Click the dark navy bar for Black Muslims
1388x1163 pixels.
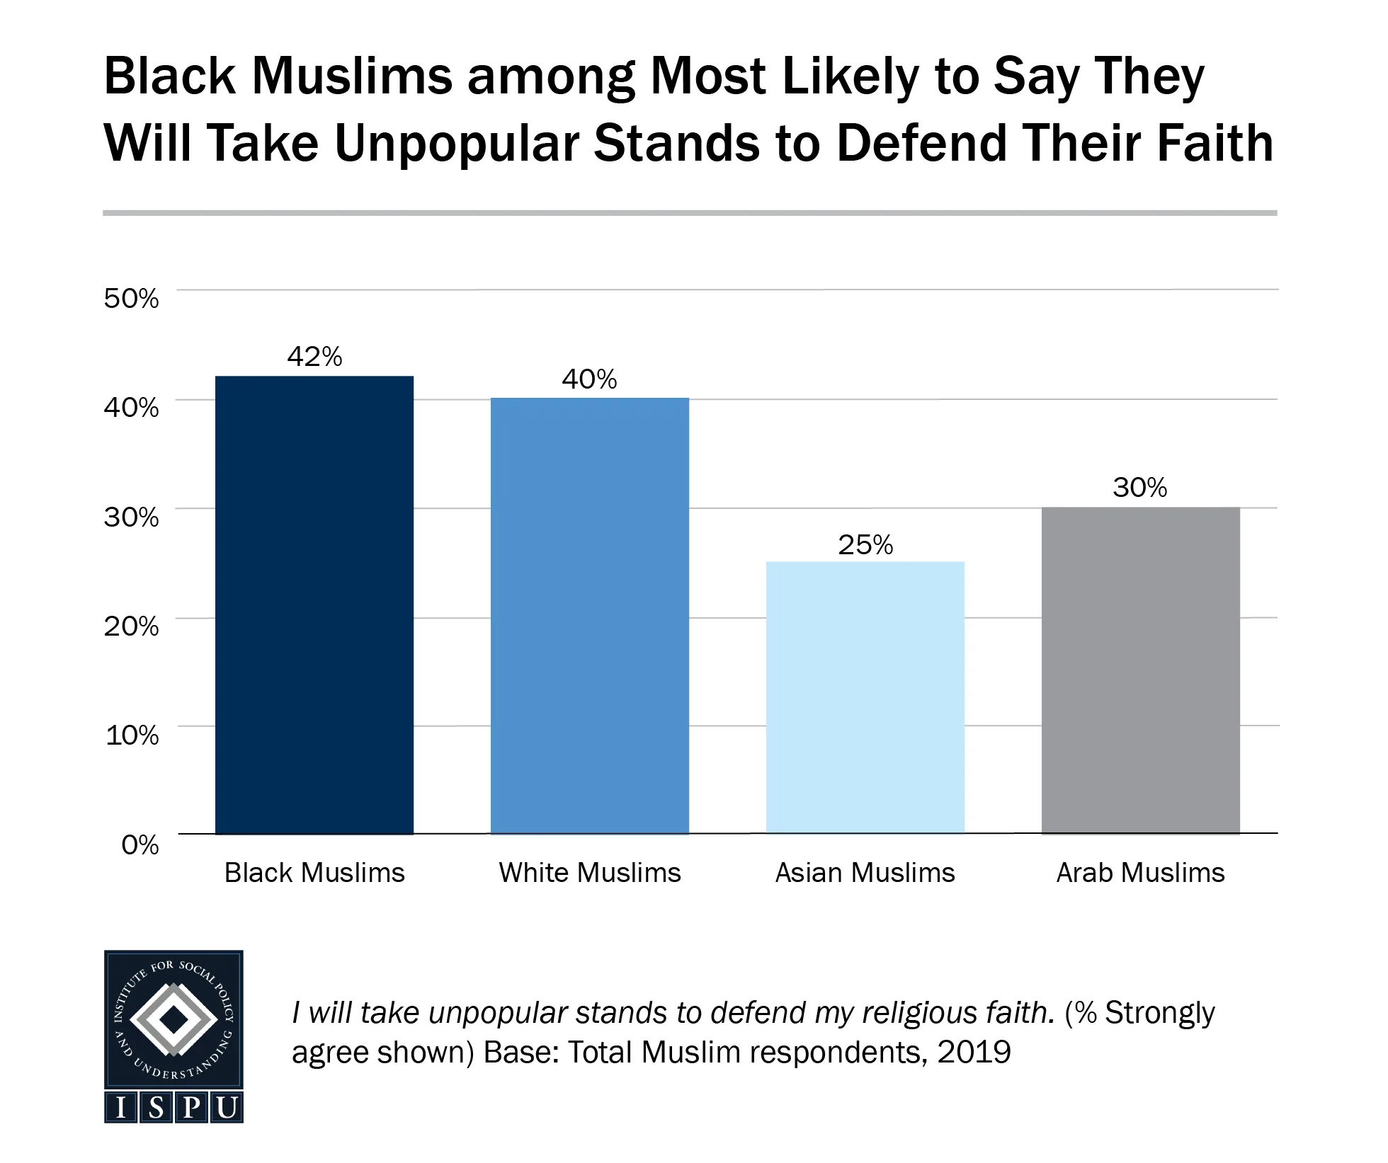(x=314, y=605)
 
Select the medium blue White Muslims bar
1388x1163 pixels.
(x=589, y=616)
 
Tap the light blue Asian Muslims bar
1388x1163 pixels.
(x=865, y=697)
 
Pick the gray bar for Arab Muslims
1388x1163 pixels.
(x=1140, y=670)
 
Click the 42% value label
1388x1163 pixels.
(x=314, y=357)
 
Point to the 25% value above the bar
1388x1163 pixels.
(x=865, y=545)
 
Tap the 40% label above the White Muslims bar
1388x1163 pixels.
(x=589, y=379)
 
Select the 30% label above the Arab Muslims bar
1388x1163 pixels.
(x=1140, y=488)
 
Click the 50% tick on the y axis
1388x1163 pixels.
(x=132, y=298)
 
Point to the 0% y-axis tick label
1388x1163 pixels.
(x=140, y=844)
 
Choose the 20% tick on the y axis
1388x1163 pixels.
(x=132, y=626)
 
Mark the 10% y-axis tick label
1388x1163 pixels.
(x=132, y=735)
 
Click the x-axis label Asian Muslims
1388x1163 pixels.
(x=865, y=873)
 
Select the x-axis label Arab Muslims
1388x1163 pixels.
(x=1140, y=873)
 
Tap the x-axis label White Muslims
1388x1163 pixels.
(x=589, y=873)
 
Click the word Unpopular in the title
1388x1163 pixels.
(x=457, y=144)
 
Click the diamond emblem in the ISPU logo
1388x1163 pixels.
(x=173, y=1020)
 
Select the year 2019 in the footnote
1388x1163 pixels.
(x=974, y=1052)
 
